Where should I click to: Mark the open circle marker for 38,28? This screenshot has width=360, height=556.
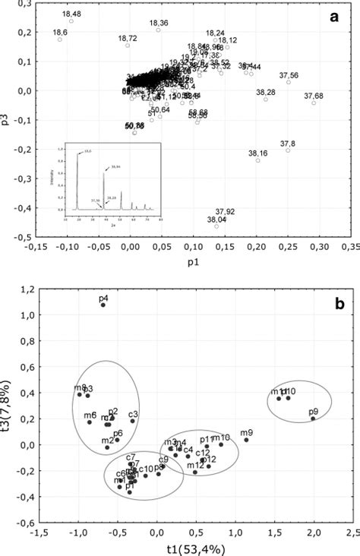pos(266,100)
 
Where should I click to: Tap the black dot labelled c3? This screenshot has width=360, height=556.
pos(132,421)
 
